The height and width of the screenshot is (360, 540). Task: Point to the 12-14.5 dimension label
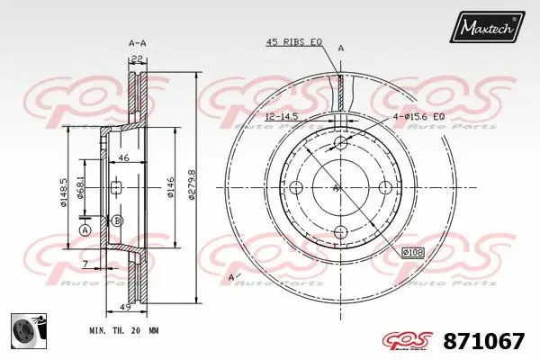click(x=282, y=118)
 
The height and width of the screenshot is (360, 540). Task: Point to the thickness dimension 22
click(x=137, y=58)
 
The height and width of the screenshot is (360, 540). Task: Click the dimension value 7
click(x=84, y=265)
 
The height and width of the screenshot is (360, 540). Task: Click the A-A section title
click(x=137, y=42)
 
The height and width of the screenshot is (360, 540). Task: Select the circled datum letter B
click(x=118, y=220)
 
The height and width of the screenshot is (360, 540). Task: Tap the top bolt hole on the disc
click(x=340, y=144)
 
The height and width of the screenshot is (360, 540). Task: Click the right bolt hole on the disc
click(x=385, y=187)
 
